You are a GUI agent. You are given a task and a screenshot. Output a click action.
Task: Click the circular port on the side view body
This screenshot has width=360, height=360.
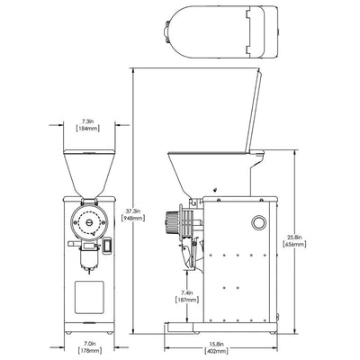pyautogui.click(x=259, y=222)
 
